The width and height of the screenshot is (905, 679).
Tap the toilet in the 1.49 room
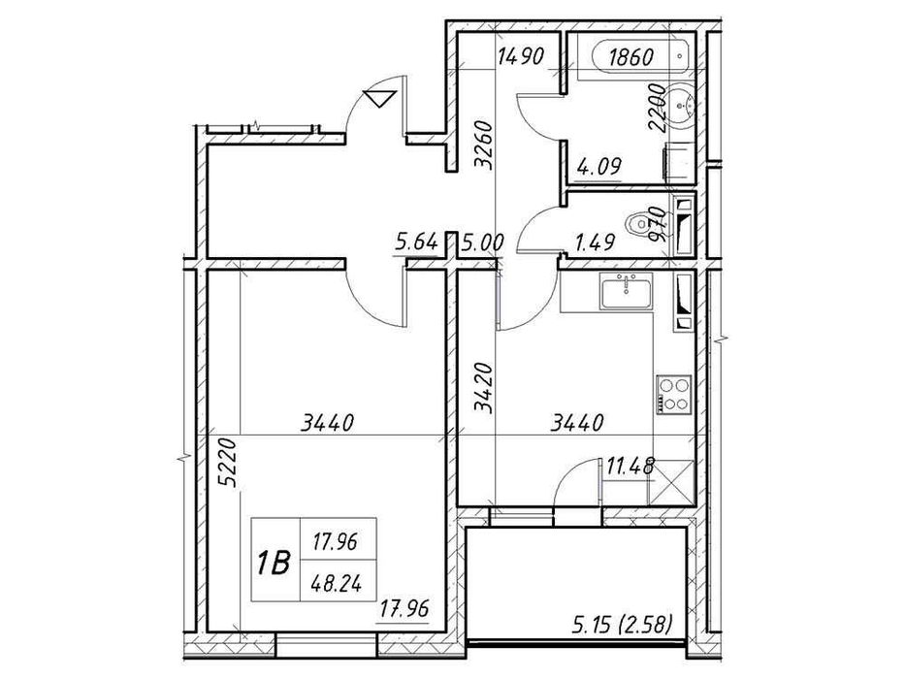coord(641,226)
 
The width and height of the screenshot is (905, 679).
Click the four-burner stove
coord(672,395)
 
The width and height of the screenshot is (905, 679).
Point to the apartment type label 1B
coord(274,562)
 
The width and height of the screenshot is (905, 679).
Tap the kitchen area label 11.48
coord(627,469)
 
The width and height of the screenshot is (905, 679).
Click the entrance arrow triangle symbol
coord(378,97)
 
